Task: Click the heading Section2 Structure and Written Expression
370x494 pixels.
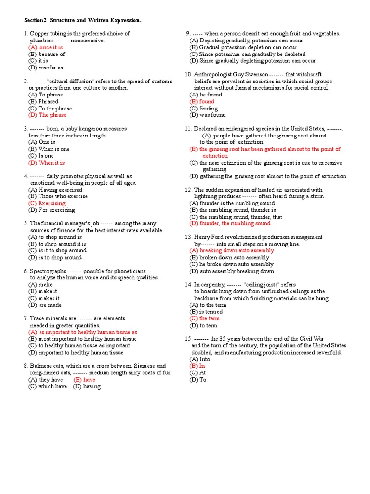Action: pos(83,20)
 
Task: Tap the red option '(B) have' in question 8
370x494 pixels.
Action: pos(84,380)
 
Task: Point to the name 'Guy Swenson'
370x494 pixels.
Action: pos(251,75)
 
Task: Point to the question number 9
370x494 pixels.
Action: pos(188,34)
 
